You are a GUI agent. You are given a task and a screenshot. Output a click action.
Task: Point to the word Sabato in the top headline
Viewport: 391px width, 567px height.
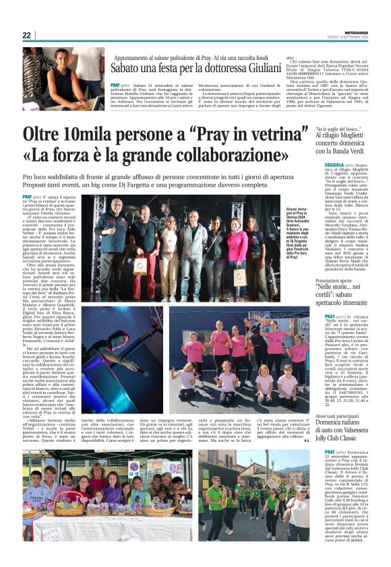pos(130,69)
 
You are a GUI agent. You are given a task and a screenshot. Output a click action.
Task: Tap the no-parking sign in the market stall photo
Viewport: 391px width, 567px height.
pos(133,466)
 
